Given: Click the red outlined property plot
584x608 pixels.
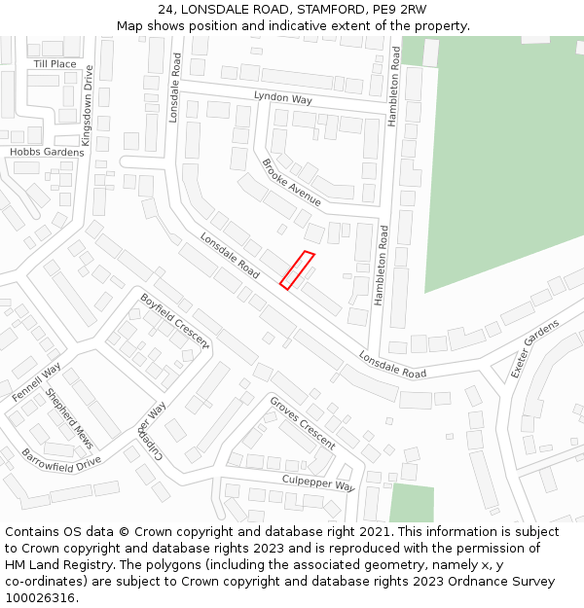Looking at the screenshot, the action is coord(297,270).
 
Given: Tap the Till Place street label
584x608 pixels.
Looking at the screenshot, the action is coord(55,64).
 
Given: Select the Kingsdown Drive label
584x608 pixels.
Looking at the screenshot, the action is coord(88,105).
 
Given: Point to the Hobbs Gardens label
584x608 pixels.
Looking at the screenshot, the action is coord(47,152).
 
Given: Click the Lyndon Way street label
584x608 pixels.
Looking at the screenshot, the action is coord(282,98).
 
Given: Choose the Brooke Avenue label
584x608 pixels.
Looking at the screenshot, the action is coord(291,182).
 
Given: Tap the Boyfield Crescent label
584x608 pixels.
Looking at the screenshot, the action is coord(174,321).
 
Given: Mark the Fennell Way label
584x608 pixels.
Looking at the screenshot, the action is coord(37,382).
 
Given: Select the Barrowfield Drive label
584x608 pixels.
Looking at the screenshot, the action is coord(61,458).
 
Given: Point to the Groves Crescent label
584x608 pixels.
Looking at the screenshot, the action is coord(303,423).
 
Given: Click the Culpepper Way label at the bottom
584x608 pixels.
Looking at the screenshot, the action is coord(318,483).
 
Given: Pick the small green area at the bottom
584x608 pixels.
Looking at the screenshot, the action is coord(412,503).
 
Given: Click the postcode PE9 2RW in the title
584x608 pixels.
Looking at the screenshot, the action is coord(399,10).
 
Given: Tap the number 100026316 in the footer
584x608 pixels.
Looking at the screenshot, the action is coord(40,597).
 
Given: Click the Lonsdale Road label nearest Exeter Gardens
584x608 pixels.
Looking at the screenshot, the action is coord(392,365).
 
